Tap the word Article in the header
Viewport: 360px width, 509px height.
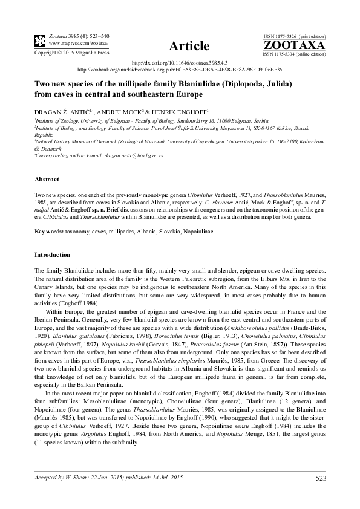pos(190,46)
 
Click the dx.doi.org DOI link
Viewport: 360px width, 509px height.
pos(180,63)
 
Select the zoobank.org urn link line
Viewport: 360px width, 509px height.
pos(180,70)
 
